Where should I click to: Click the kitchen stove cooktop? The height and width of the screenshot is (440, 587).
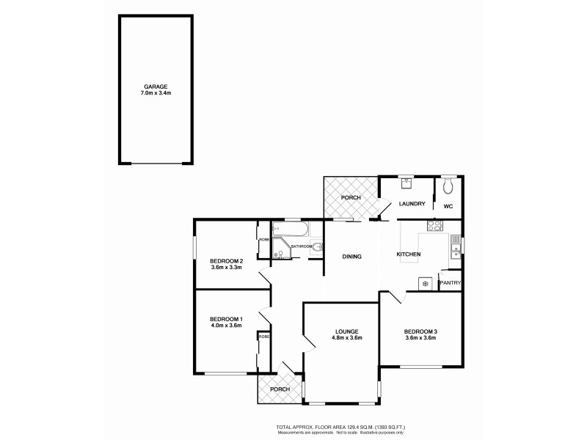coord(434,227)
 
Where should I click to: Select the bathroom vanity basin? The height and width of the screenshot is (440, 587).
coord(316,248)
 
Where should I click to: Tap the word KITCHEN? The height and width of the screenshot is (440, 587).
coord(409,254)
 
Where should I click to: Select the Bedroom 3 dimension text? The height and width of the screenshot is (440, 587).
coord(420,338)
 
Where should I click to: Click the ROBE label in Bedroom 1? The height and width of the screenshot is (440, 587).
coord(263,337)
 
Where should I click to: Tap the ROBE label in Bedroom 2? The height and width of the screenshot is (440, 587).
coord(263,239)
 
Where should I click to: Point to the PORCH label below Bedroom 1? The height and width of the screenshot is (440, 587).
coord(280,389)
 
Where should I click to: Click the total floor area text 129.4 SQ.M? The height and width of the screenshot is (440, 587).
coord(340,426)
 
